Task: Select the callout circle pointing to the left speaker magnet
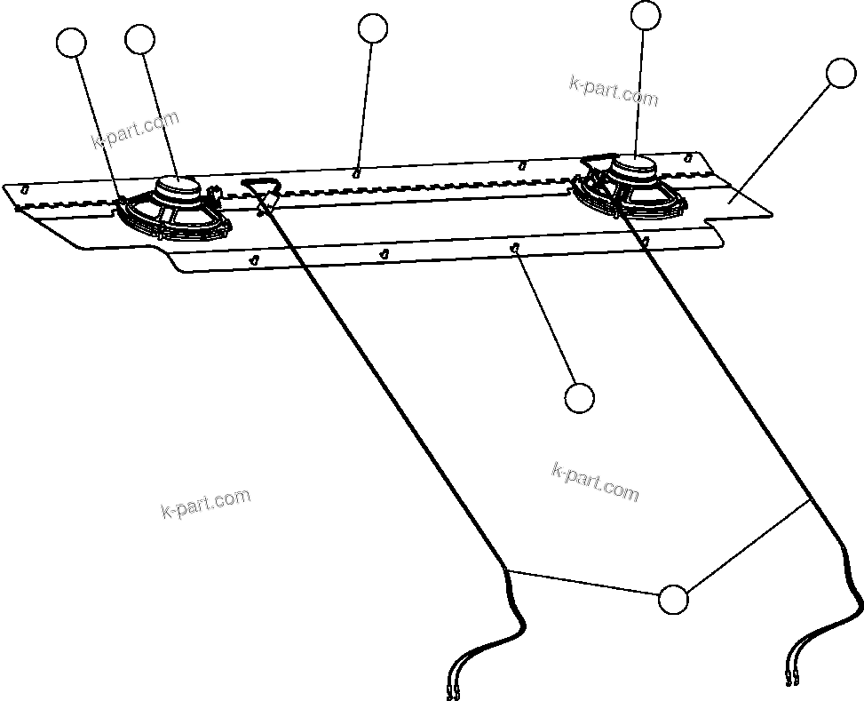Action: click(x=140, y=39)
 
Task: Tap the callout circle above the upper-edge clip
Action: click(x=373, y=28)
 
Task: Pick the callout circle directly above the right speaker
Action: click(x=646, y=15)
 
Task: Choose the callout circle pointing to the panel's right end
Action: click(x=840, y=74)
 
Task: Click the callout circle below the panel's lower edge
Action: click(x=579, y=398)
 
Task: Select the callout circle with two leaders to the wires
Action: click(x=674, y=600)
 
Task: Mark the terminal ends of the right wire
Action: click(x=792, y=681)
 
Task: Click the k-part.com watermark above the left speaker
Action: click(x=135, y=130)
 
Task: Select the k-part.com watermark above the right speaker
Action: click(x=614, y=92)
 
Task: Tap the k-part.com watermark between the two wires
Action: click(x=595, y=482)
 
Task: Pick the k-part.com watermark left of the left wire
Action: click(x=206, y=503)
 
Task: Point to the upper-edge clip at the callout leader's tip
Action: click(x=356, y=172)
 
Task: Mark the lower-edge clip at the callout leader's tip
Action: click(x=515, y=249)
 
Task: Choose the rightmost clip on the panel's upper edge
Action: click(x=687, y=156)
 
